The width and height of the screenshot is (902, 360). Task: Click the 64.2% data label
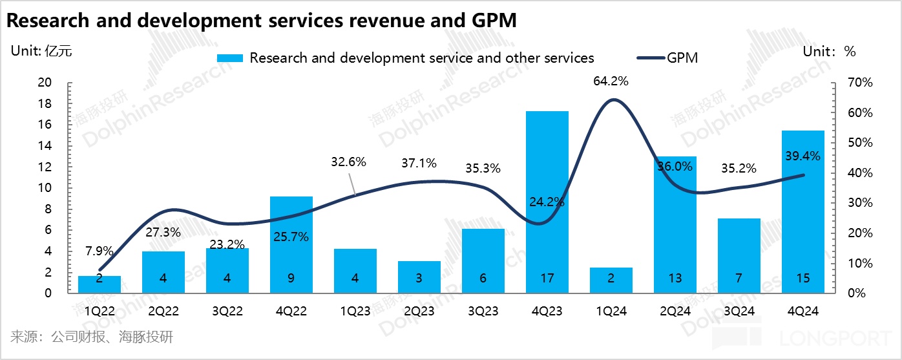point(611,81)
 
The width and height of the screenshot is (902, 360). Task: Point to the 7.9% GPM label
point(100,251)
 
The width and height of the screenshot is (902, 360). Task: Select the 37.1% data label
point(419,163)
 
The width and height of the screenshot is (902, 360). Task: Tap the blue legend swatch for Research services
point(230,58)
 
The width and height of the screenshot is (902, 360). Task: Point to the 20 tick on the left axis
point(45,83)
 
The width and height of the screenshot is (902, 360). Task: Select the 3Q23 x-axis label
point(483,311)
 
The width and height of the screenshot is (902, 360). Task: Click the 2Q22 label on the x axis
point(163,311)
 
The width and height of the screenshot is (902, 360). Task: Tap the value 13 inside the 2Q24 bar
point(675,279)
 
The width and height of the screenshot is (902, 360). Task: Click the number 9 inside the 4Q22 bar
point(291,279)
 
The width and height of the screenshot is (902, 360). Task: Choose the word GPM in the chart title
point(487,21)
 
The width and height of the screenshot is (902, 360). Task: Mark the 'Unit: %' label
point(829,52)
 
